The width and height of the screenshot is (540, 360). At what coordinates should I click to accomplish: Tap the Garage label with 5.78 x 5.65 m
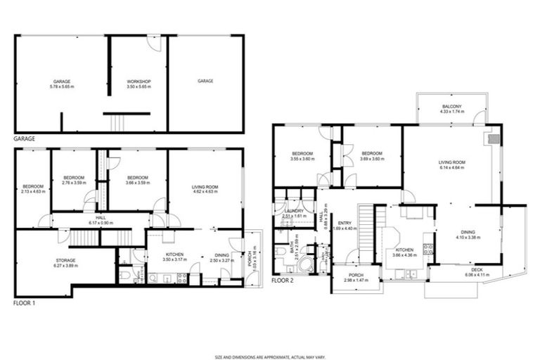(x=61, y=82)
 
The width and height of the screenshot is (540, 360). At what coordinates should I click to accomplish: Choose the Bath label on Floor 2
(x=292, y=248)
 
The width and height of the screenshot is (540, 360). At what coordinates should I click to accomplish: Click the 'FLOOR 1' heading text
(x=25, y=304)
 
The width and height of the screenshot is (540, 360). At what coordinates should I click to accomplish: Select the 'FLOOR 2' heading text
(x=283, y=279)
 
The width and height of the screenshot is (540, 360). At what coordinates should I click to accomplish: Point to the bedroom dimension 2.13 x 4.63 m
(x=33, y=191)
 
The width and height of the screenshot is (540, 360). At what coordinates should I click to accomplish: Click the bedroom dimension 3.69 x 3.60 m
(x=371, y=159)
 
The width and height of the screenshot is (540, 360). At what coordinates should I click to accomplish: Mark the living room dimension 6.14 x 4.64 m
(x=452, y=167)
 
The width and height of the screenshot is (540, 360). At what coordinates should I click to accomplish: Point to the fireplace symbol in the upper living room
(x=494, y=138)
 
